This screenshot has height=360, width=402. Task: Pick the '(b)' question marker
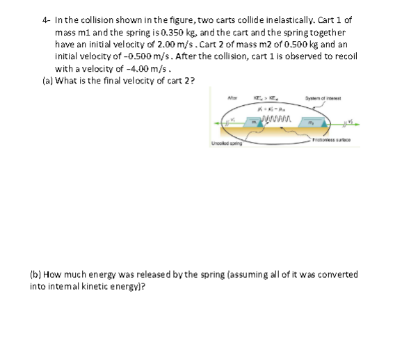click(x=35, y=274)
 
